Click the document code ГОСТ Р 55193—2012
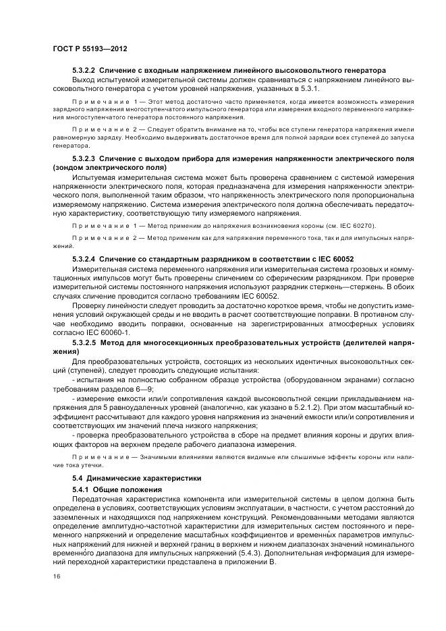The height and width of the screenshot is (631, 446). (89, 49)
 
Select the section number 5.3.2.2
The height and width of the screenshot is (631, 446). (87, 70)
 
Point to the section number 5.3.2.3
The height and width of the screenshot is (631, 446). (87, 157)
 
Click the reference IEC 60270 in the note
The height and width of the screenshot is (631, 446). (354, 225)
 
